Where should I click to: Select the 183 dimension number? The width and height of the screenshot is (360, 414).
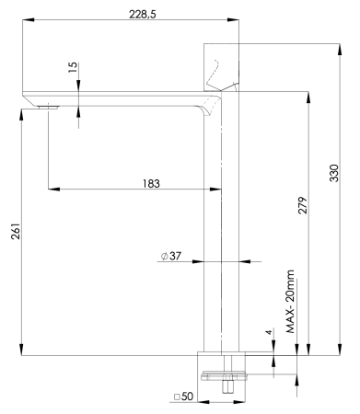(x=151, y=183)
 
